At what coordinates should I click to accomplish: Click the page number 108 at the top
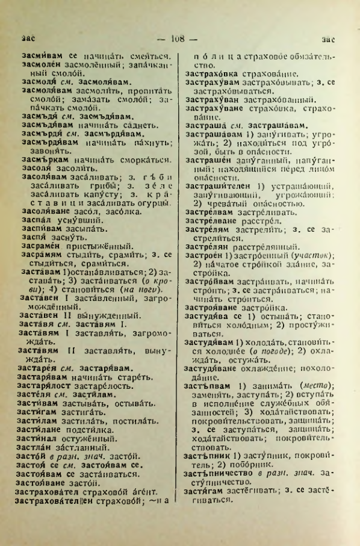tap(180, 40)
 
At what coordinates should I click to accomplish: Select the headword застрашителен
tap(219, 185)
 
